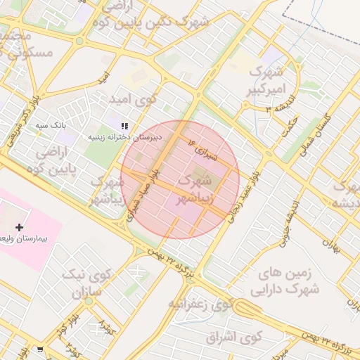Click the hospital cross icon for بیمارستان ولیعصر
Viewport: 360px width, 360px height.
tap(19, 226)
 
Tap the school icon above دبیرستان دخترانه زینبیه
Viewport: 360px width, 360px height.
tap(124, 126)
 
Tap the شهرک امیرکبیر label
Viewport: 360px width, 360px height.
tap(266, 81)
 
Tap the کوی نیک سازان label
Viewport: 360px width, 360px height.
tap(84, 282)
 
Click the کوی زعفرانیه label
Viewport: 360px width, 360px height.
tap(200, 304)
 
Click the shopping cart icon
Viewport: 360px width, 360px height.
tap(40, 349)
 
